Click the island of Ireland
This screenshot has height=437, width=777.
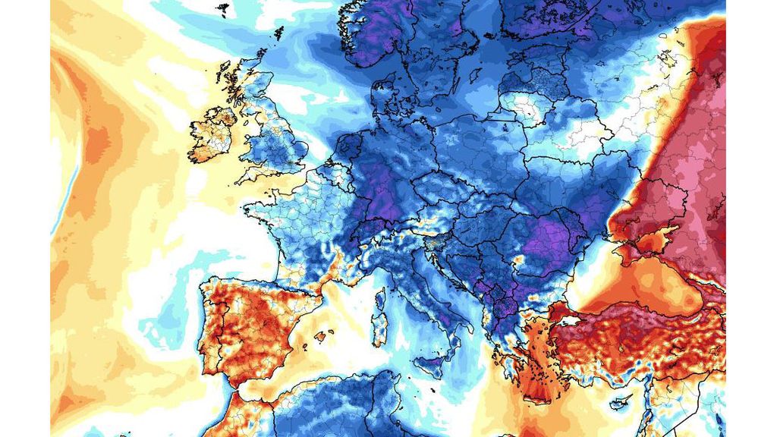click(212, 135)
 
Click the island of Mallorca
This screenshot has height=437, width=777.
click(322, 336)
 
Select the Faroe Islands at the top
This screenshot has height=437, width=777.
click(222, 9)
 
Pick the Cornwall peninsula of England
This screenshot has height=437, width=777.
click(247, 176)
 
